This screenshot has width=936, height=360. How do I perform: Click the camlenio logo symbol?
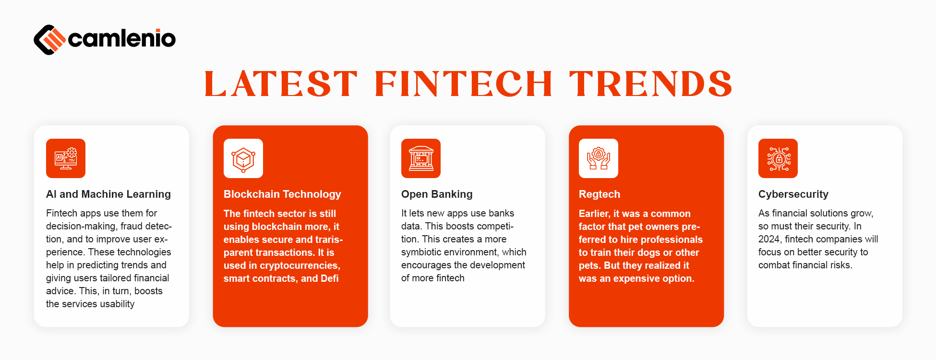(x=49, y=39)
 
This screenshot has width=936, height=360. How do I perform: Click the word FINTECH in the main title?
(x=463, y=84)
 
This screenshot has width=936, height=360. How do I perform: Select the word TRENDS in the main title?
(x=650, y=84)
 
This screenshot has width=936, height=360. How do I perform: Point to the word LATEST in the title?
(x=281, y=84)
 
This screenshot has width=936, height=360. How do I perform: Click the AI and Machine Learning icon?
(x=66, y=158)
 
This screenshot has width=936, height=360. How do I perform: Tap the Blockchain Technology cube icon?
(x=243, y=158)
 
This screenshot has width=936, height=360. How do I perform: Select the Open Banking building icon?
(x=421, y=158)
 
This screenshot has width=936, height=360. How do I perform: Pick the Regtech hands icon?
(x=599, y=158)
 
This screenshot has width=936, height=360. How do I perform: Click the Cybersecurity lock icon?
(x=778, y=158)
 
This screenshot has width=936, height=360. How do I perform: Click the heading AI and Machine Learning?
(x=108, y=194)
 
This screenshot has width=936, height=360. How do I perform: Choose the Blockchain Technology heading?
(x=282, y=194)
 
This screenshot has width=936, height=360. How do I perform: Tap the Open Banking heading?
(x=437, y=194)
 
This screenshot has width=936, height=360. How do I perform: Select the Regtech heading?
(x=600, y=194)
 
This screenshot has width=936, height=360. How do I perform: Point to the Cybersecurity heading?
(x=793, y=194)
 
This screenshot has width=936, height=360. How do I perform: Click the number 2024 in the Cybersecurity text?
(x=770, y=239)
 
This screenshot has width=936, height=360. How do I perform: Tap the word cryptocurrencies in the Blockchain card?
(x=300, y=265)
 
